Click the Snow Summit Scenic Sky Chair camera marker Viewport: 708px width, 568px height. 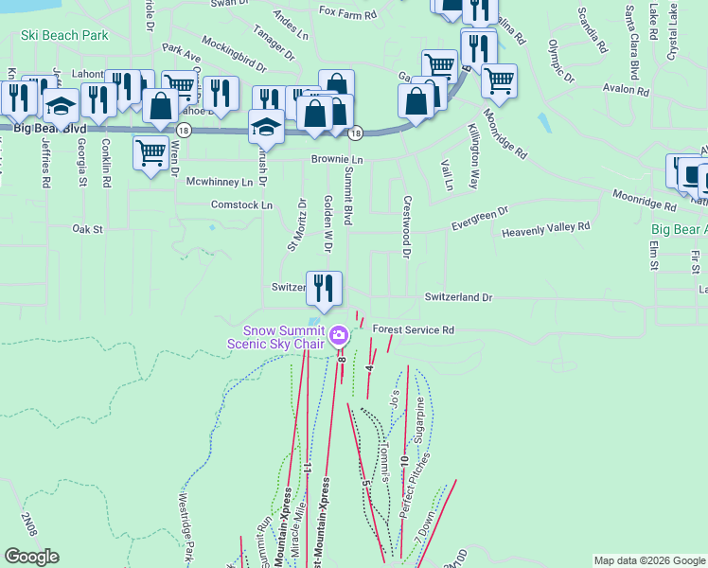coord(338,336)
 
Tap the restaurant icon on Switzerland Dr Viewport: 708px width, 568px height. coord(325,288)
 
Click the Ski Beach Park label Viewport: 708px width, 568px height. coord(64,36)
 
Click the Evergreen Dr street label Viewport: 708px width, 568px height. coord(480,219)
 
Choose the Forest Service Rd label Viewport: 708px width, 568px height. coord(414,329)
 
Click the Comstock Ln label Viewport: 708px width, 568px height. coord(241,204)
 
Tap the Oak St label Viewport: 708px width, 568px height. coord(87,228)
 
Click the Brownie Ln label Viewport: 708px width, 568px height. coord(337,160)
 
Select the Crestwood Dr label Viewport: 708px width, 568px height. coord(406,227)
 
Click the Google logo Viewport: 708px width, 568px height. coord(31,557)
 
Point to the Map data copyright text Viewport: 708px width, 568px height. coord(648,560)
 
